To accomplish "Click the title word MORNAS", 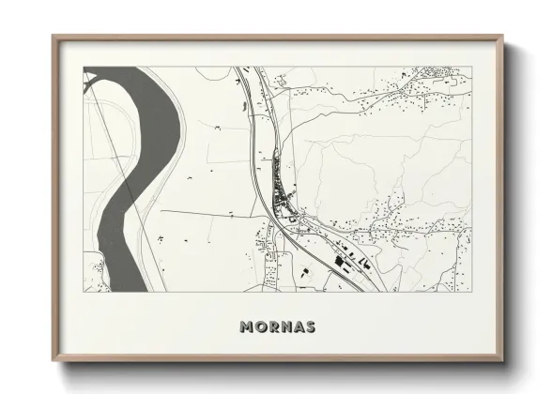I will [x=277, y=327].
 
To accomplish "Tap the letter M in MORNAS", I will [x=246, y=327].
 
